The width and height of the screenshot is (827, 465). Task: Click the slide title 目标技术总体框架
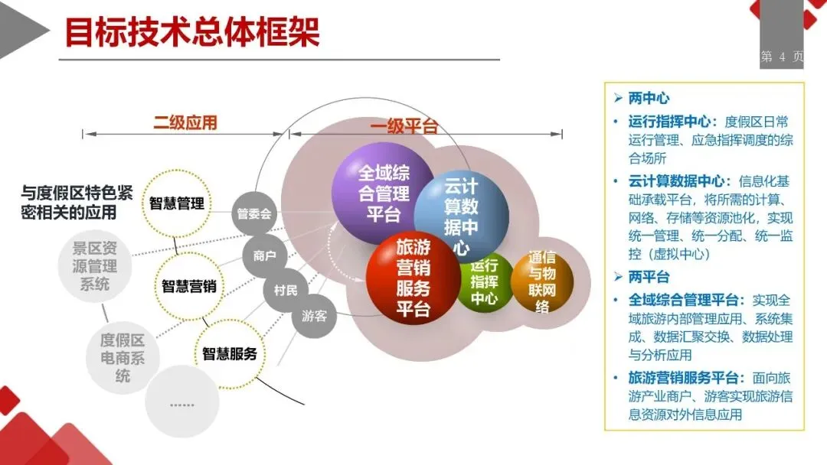pos(191,32)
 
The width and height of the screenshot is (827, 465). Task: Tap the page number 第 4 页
pos(782,57)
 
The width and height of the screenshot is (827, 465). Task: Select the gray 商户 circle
pos(264,256)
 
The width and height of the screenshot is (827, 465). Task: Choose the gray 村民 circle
pos(286,289)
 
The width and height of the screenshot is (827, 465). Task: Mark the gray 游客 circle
pos(314,315)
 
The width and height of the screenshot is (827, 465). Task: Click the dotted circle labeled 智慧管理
pos(177,204)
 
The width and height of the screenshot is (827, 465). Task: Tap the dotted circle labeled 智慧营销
pos(188,287)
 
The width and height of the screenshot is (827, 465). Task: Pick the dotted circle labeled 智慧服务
pos(230,354)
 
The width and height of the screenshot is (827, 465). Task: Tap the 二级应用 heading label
pos(185,122)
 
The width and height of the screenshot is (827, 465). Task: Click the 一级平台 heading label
pos(404,126)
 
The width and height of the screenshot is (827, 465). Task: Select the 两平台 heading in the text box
pos(649,277)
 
